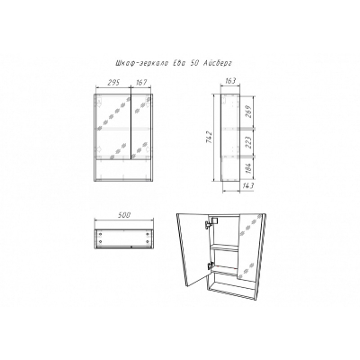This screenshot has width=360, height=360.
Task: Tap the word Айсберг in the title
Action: tap(218, 63)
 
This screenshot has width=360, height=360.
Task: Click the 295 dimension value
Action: tap(113, 83)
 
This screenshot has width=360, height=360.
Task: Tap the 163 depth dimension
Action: tap(230, 81)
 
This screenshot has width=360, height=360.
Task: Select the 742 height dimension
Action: tap(210, 138)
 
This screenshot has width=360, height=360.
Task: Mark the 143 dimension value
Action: tap(247, 185)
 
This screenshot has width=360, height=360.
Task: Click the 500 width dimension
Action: tap(124, 215)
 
